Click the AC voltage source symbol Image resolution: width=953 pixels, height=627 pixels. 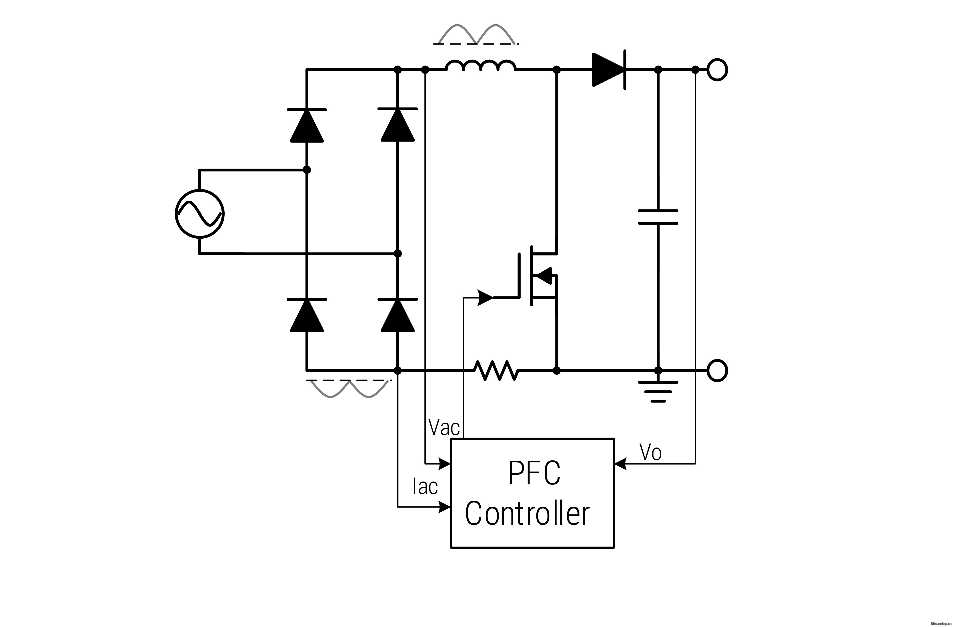coord(199,214)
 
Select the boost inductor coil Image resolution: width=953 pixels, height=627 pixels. coord(481,66)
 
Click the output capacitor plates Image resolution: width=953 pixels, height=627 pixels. coord(658,217)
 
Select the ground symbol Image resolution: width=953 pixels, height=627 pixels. coord(658,391)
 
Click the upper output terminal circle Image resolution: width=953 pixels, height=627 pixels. coord(717,70)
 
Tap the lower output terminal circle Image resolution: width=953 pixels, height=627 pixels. coord(717,370)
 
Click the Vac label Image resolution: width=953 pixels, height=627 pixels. coord(444,427)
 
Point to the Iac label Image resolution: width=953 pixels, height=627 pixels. coord(425,486)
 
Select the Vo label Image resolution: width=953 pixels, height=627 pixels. coord(651,452)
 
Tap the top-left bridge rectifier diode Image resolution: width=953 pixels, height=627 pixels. coord(307,125)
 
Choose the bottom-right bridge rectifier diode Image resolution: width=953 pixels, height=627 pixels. coord(397,315)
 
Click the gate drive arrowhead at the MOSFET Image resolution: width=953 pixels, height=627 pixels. coord(485,297)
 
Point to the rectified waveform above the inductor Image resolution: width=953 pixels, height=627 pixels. coord(476,34)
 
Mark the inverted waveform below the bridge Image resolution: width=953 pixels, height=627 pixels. coord(349,388)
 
